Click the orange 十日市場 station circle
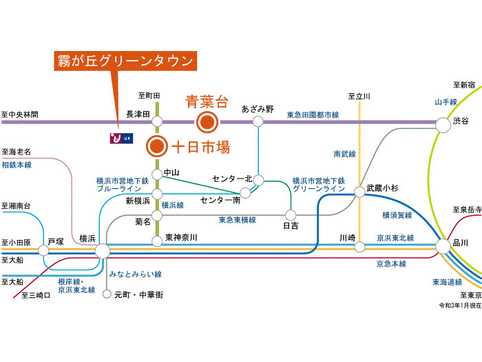[x=157, y=146]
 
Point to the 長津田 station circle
[x=157, y=122]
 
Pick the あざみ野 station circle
[x=258, y=122]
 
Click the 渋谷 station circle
[x=442, y=122]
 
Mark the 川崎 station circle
[x=359, y=246]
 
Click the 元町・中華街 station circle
[x=107, y=294]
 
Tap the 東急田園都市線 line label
[x=313, y=114]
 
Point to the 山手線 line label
[x=446, y=102]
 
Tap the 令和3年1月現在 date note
[x=461, y=304]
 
